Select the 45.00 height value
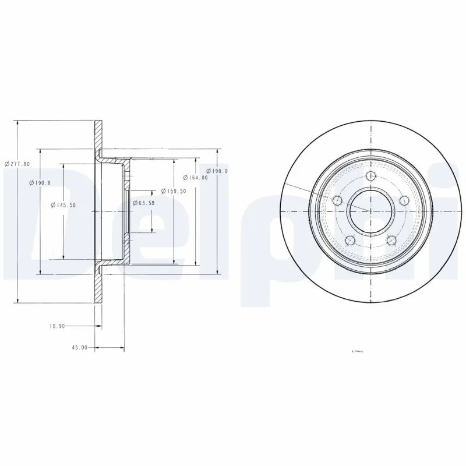point(79,348)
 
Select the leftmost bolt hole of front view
point(336,201)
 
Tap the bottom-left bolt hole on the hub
point(349,240)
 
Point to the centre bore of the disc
point(370,210)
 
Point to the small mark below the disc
point(358,351)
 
